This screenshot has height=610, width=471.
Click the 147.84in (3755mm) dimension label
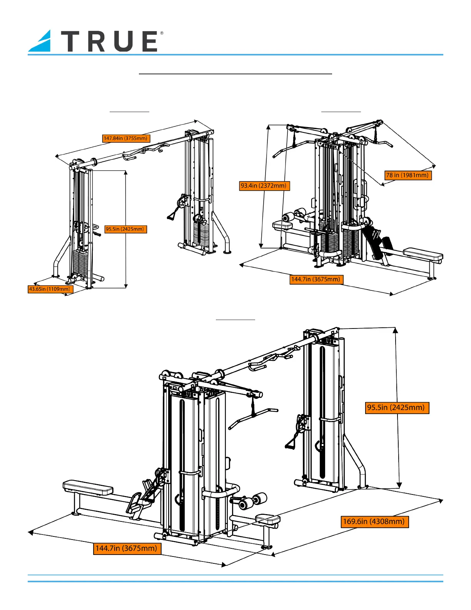[126, 138]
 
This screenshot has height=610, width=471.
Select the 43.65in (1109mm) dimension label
[50, 289]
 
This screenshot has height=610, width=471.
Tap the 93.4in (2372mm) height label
[264, 186]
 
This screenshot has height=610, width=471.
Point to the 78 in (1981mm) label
[408, 176]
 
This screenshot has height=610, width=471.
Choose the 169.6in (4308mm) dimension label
[375, 521]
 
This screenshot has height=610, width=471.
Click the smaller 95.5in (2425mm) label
[126, 229]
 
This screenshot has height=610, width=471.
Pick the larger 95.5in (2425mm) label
[397, 407]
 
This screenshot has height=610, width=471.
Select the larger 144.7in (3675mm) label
[127, 548]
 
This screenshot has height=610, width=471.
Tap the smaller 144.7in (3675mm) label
[316, 280]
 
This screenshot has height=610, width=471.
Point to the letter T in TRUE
[72, 41]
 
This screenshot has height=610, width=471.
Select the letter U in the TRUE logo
[123, 41]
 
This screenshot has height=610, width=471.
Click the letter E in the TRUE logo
[150, 41]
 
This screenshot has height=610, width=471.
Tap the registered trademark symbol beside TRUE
[162, 33]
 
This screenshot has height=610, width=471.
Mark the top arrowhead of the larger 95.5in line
[395, 330]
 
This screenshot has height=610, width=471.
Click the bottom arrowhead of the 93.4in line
[261, 246]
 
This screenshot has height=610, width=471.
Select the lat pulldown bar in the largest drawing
[253, 418]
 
